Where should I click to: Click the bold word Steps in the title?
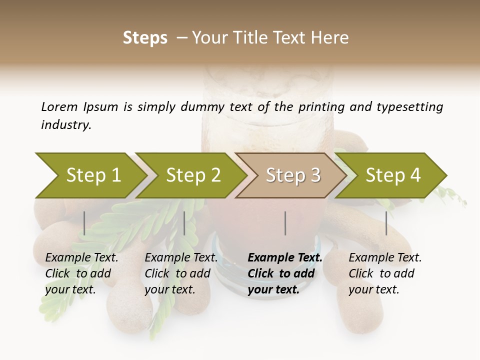145,38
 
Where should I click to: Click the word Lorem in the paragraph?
59,106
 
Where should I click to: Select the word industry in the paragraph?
65,125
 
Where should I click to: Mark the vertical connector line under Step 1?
84,223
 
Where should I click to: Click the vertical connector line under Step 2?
184,223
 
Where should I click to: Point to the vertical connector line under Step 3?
285,223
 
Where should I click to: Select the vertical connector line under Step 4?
386,223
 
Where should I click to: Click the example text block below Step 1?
81,273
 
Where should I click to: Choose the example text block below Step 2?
181,273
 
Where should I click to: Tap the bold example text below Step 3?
285,273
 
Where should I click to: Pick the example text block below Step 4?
385,273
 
